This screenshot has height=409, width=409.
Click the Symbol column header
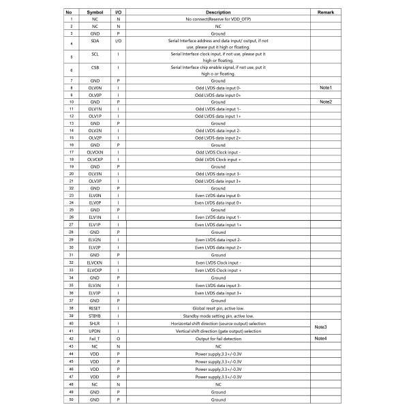click(x=95, y=12)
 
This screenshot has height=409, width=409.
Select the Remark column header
click(x=324, y=12)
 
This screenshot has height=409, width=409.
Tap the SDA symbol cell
click(x=95, y=42)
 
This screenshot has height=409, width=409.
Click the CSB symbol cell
click(x=95, y=68)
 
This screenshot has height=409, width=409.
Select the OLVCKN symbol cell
click(x=95, y=152)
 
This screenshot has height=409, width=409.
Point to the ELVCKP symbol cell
click(x=95, y=271)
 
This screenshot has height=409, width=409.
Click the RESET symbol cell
click(x=95, y=308)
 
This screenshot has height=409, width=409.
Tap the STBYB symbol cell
click(x=95, y=316)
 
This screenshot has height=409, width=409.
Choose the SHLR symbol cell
click(x=95, y=323)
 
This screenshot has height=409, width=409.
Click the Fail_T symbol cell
click(x=95, y=338)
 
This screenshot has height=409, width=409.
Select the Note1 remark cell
click(x=324, y=88)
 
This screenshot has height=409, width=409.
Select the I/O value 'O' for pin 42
click(x=119, y=338)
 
